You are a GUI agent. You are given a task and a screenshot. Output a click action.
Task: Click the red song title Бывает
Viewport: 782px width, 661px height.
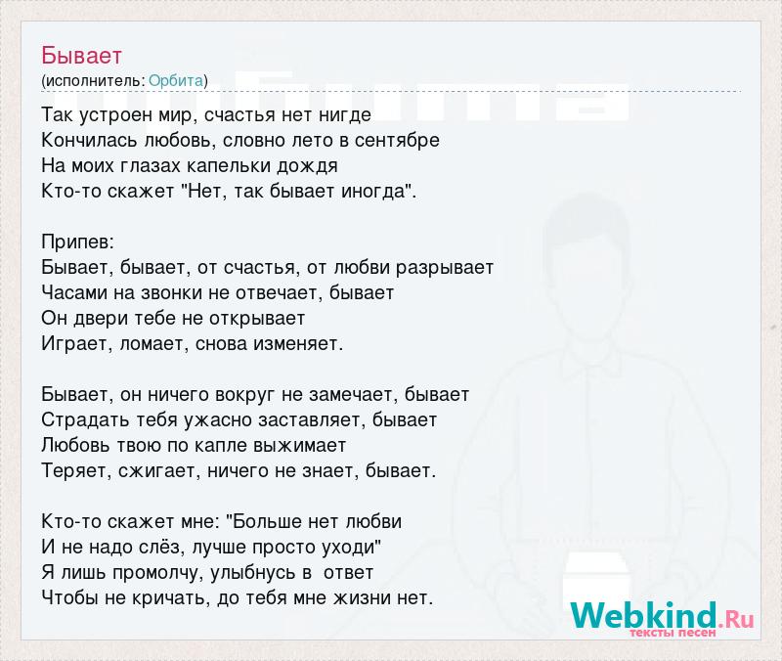pos(82,56)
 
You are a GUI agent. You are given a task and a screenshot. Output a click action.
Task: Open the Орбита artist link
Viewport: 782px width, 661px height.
pos(176,81)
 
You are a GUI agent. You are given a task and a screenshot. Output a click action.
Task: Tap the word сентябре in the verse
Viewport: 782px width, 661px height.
pos(397,140)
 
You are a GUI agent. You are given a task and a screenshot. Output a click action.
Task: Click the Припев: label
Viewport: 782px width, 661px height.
pos(78,242)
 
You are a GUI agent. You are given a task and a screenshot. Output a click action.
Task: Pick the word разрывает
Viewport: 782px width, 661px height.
pos(445,268)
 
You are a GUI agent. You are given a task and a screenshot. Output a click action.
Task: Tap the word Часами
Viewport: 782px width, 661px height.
pos(75,292)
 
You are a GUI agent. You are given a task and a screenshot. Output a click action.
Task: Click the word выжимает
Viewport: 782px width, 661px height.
pos(300,446)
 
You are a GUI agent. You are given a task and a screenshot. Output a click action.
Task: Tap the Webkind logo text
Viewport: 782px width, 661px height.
pos(644,615)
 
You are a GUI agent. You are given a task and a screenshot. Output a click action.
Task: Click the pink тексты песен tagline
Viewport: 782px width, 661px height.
pos(673,633)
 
